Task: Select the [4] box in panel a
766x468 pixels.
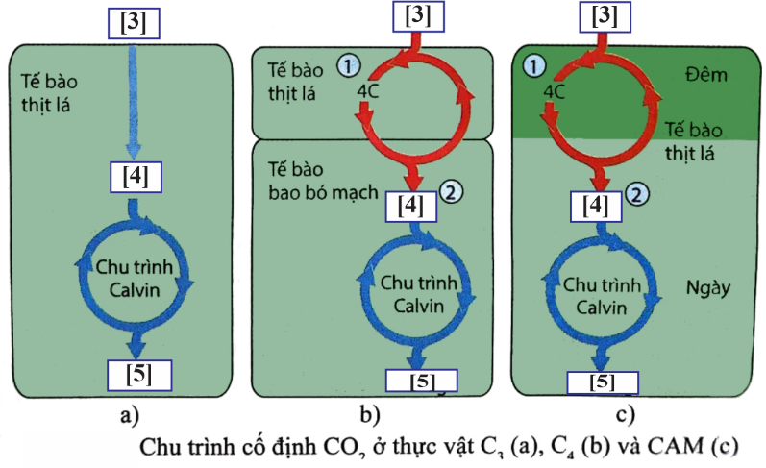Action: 135,177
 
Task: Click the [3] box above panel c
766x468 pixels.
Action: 606,15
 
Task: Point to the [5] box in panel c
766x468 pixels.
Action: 603,382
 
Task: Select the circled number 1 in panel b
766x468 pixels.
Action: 348,64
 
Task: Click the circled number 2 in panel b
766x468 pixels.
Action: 452,191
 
